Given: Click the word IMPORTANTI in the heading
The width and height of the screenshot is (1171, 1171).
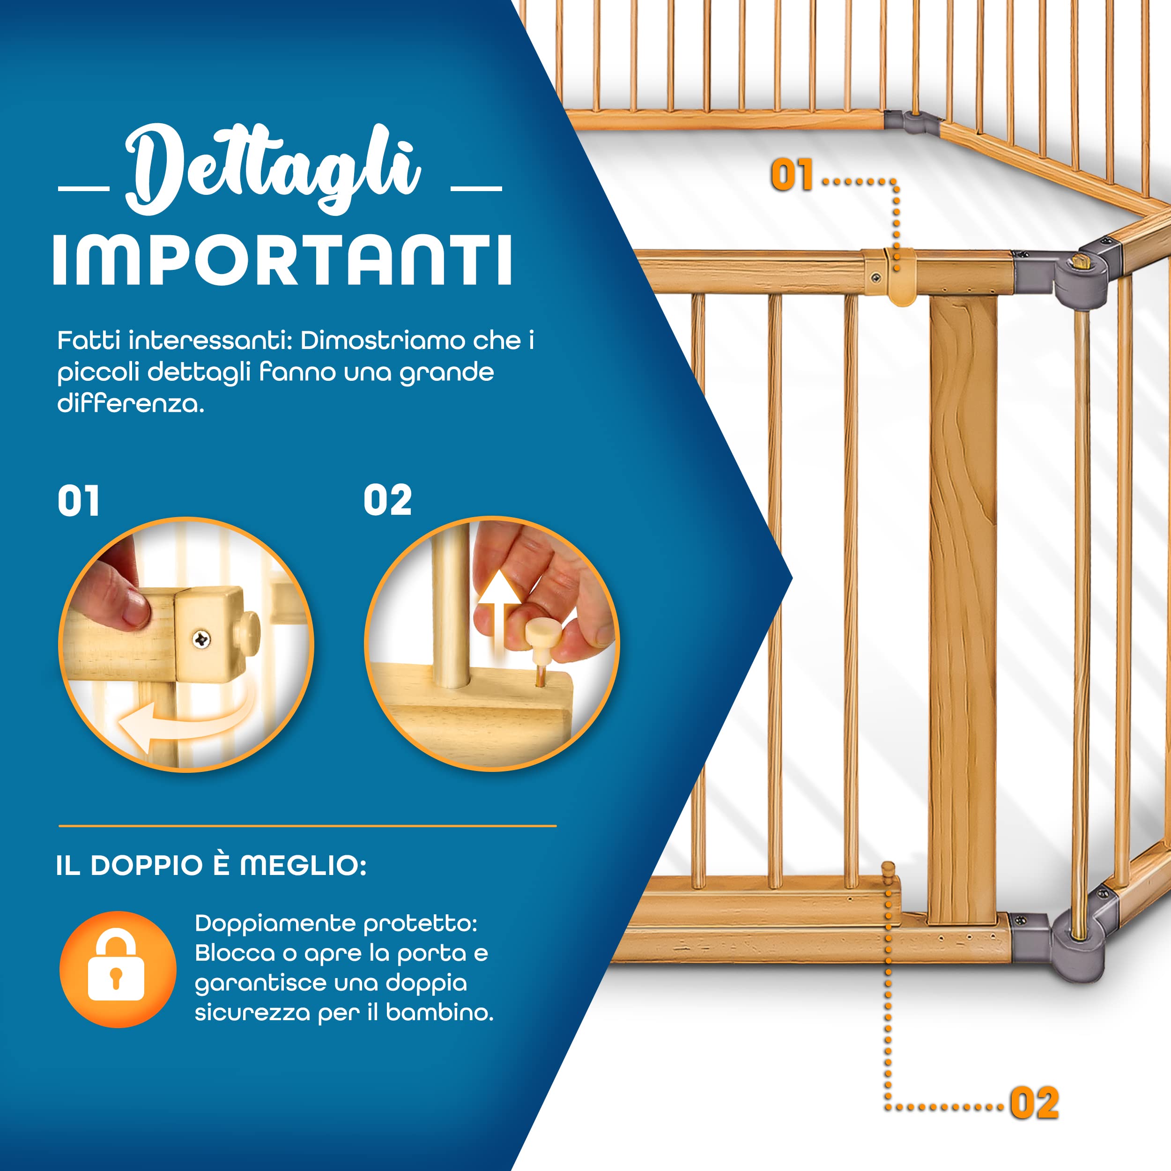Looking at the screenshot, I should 282,260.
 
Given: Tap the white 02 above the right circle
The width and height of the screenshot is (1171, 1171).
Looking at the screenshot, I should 387,501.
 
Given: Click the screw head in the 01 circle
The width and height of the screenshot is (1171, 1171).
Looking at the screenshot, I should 201,638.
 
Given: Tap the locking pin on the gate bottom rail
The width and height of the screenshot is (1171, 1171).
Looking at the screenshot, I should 889,876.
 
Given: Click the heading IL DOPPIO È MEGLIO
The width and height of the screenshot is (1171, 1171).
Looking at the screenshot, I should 211,866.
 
